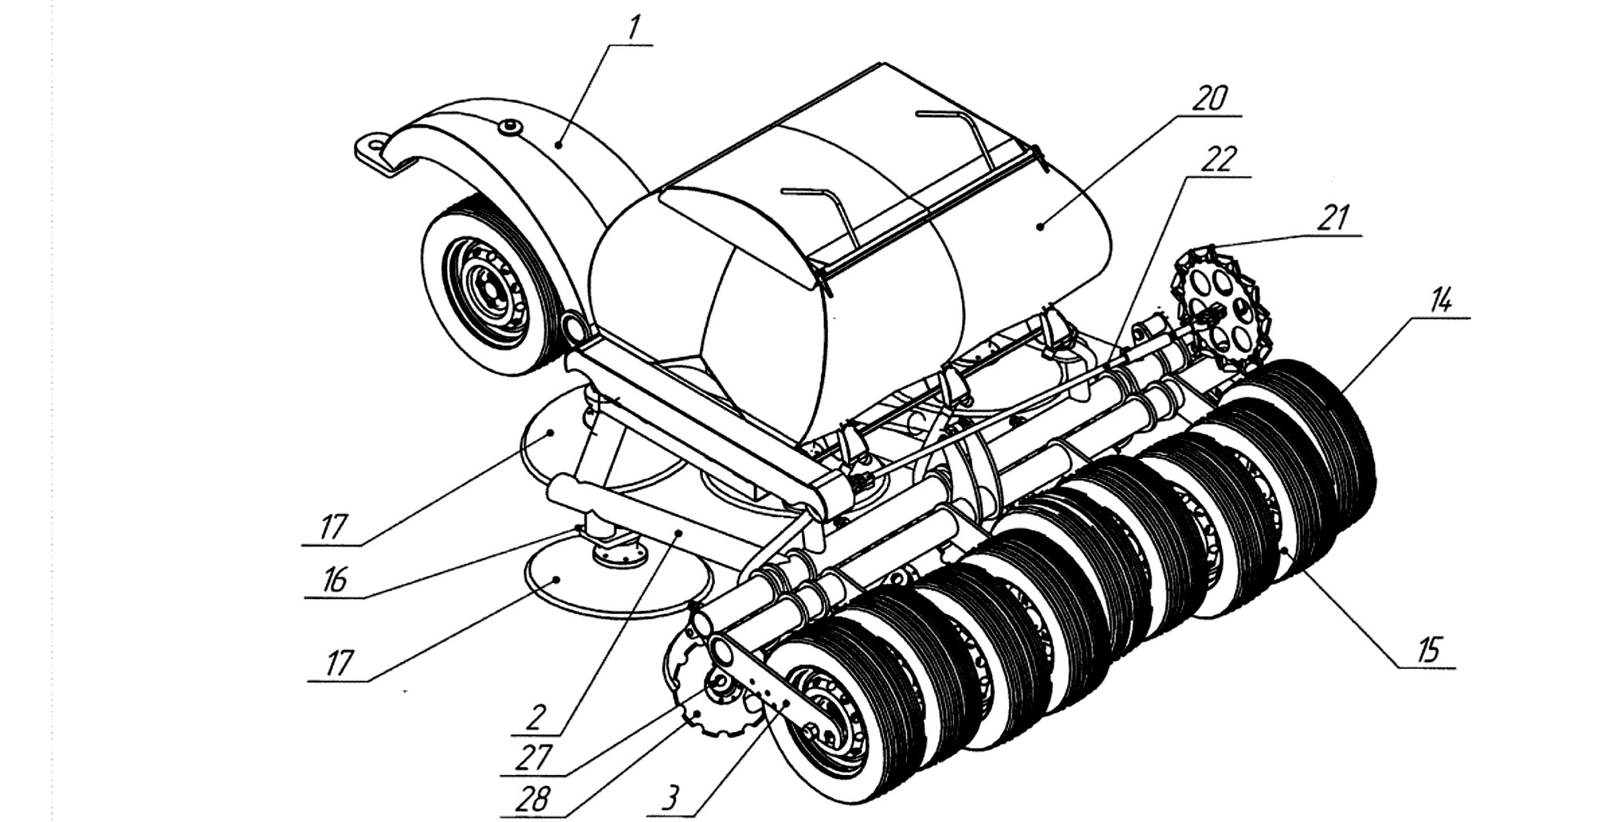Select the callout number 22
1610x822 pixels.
tap(1220, 159)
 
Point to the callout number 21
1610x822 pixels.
tap(1333, 217)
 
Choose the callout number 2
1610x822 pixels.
tap(535, 719)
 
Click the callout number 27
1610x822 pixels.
tap(532, 757)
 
